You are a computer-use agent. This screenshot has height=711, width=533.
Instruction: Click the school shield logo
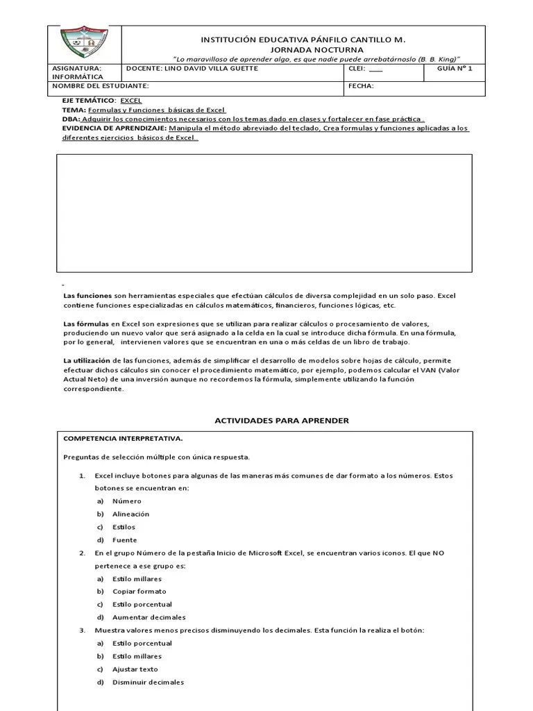point(83,44)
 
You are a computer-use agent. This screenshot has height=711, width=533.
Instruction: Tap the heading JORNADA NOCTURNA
point(302,50)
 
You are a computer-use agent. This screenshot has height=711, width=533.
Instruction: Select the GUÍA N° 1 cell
point(455,69)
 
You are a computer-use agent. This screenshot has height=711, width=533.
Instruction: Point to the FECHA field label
point(361,86)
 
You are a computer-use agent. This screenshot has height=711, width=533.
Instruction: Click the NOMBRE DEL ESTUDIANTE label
point(101,86)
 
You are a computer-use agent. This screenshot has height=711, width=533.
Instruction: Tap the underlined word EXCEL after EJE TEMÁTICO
point(130,101)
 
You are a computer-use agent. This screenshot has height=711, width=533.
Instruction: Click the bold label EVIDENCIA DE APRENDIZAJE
point(115,128)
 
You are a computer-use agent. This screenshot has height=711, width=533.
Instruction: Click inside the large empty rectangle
point(264,212)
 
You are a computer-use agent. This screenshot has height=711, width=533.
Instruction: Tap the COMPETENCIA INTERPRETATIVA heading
point(123,439)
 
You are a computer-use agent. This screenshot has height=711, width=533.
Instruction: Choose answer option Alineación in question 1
point(130,514)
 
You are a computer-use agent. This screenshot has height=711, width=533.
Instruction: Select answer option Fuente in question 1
point(125,539)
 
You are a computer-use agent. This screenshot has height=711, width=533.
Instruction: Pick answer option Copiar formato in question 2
point(139,591)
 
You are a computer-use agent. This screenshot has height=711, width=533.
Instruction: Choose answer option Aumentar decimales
point(149,617)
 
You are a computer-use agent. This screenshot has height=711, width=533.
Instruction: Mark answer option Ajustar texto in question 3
point(135,669)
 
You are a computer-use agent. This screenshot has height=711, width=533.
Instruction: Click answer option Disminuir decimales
point(149,682)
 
